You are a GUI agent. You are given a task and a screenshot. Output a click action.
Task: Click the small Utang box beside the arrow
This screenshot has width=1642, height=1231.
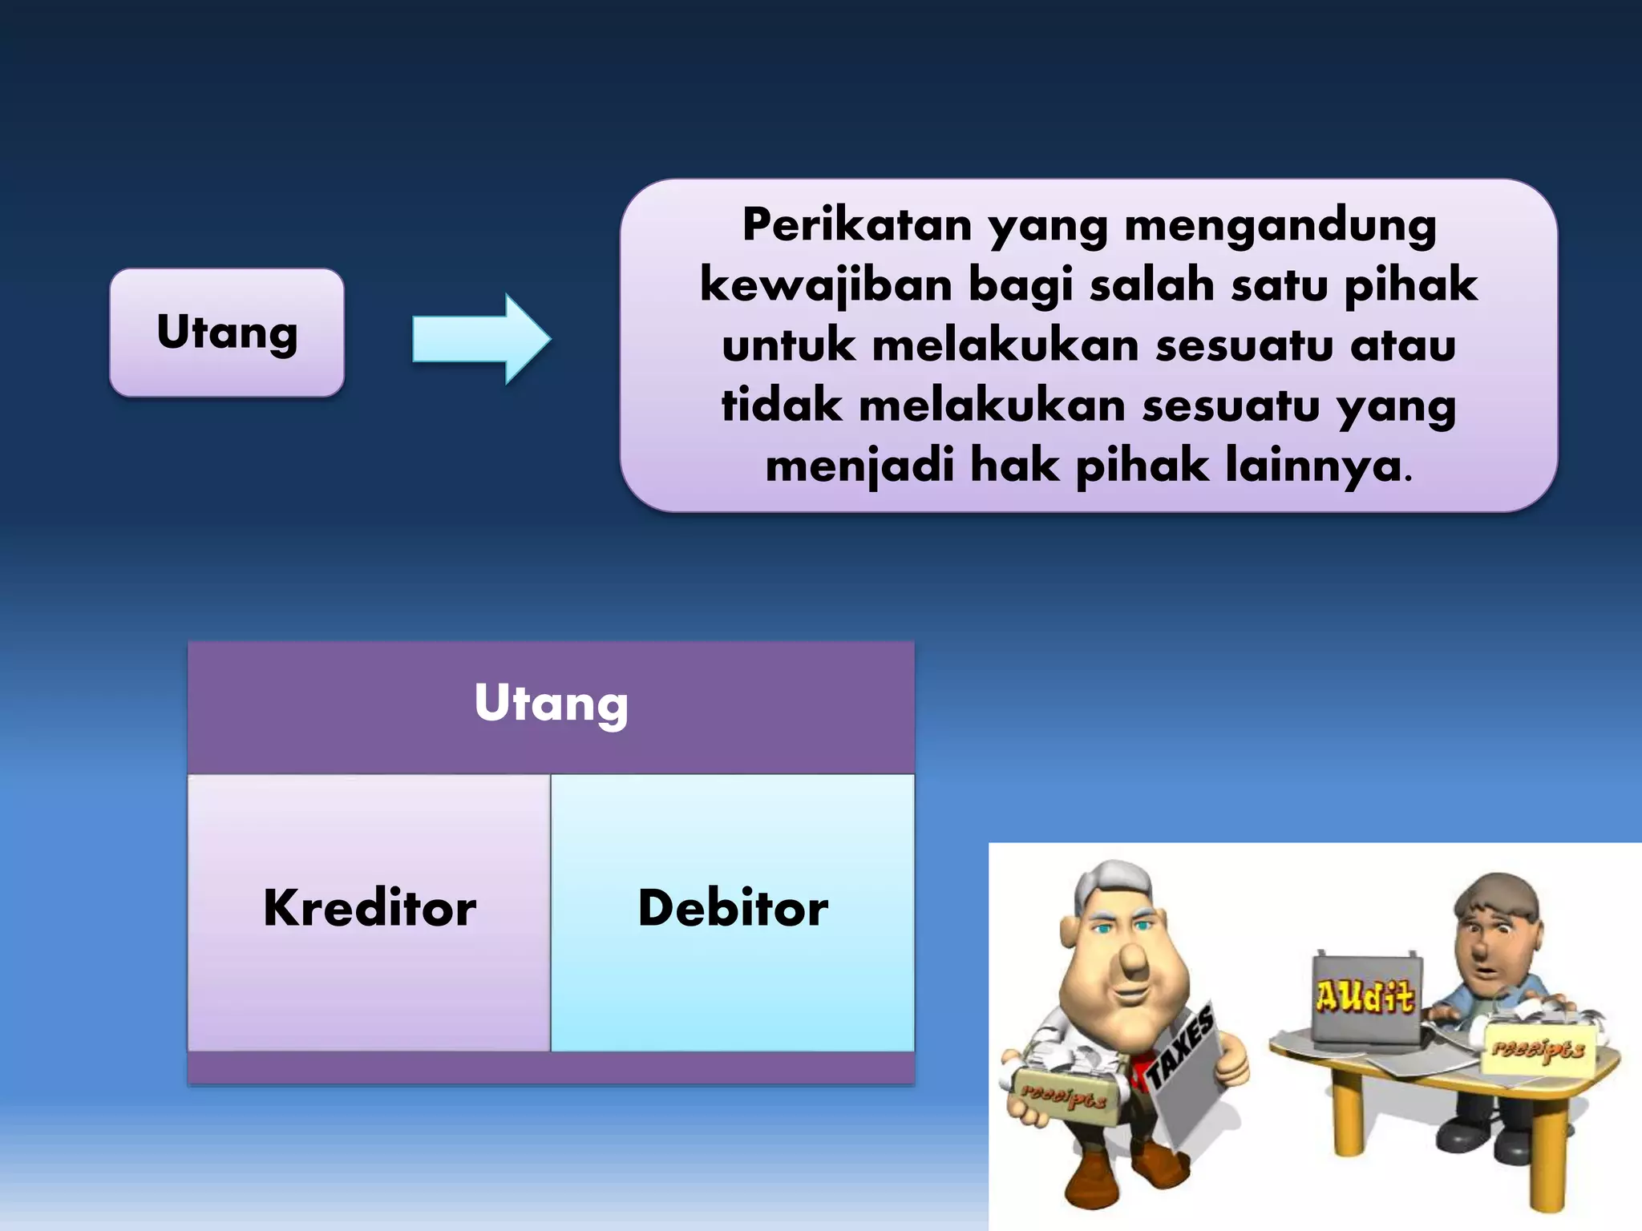(x=227, y=332)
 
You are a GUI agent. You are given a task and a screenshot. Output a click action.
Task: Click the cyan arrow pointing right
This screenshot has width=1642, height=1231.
(x=481, y=339)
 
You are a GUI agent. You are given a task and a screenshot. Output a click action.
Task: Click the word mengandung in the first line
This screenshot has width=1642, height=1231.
(x=1280, y=225)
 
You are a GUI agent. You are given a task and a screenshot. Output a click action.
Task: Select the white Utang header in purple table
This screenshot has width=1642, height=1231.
(x=551, y=703)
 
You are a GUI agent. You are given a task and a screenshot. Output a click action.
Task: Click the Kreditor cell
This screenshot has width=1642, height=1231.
(x=370, y=910)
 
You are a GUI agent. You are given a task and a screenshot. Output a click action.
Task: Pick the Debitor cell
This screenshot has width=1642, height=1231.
(x=732, y=910)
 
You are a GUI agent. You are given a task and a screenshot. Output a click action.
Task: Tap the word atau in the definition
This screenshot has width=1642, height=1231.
(x=1402, y=345)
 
